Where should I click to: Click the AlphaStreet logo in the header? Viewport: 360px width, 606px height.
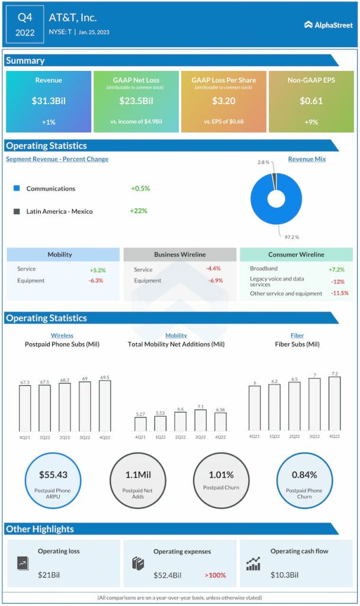coord(329,25)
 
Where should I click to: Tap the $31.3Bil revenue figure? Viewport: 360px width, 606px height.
coord(49,101)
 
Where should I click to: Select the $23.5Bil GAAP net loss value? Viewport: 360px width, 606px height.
coord(136,101)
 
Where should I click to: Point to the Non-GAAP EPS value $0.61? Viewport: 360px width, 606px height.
coord(311,101)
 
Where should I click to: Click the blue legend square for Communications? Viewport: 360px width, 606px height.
coord(17,188)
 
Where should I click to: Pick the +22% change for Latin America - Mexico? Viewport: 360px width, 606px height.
coord(139,211)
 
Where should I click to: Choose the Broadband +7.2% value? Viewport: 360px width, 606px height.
coord(336,269)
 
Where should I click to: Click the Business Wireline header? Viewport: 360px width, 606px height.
coord(180,254)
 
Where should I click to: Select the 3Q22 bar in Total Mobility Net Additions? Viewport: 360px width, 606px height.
coord(201,420)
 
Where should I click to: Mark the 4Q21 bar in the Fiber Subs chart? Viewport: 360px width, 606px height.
coord(255,408)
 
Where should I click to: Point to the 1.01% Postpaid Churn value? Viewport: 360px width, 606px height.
coord(221,475)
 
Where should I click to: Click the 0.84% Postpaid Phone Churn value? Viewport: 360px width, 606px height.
coord(304,475)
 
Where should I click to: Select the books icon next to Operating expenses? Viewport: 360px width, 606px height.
coord(138,563)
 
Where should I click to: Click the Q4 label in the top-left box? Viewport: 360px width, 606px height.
coord(25,18)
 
